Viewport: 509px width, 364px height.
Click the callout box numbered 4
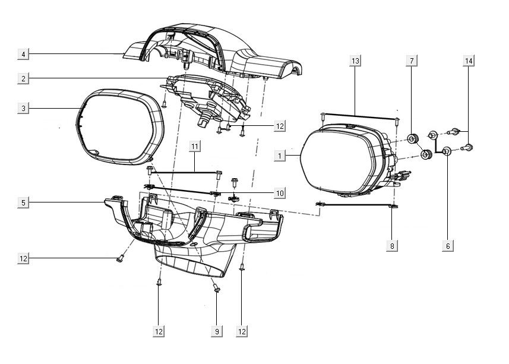(x=23, y=55)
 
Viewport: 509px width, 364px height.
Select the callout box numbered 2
(x=23, y=78)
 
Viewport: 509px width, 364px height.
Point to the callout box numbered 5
(x=23, y=202)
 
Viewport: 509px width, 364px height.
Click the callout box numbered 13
(x=355, y=61)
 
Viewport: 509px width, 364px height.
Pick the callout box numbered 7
(x=412, y=61)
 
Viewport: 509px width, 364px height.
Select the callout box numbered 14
(x=469, y=61)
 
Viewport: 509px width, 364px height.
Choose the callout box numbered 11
(x=195, y=145)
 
